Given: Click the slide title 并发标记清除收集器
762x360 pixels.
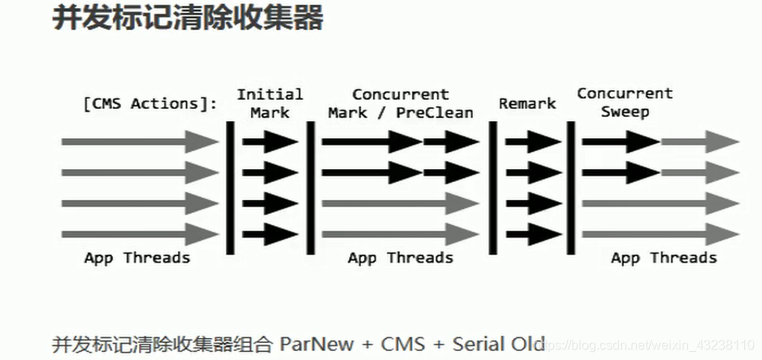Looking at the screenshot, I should (188, 18).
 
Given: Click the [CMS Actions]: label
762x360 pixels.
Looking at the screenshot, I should (150, 103).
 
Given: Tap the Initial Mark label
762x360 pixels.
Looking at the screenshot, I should (270, 103).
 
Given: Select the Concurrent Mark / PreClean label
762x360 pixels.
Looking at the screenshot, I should (400, 103).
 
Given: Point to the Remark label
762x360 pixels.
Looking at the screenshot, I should (527, 103).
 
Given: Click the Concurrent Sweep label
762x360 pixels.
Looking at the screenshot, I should (625, 102).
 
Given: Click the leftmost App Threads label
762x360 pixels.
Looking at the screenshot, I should (136, 258).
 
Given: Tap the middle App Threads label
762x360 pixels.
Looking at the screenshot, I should (400, 258).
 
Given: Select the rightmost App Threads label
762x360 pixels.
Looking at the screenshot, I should (664, 258).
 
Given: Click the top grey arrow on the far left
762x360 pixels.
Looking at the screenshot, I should (139, 142).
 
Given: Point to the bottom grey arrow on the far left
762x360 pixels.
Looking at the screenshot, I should (139, 234).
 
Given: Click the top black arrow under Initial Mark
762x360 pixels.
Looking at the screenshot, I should (271, 142).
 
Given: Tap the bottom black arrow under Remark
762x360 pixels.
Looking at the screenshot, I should (532, 234).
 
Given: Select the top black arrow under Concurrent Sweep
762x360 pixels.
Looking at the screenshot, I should (620, 142).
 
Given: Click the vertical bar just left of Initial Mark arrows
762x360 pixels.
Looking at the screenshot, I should (231, 186).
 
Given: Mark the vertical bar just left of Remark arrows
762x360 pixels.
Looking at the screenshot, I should (493, 186).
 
